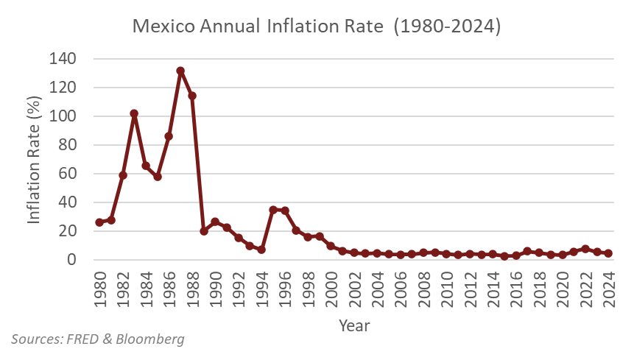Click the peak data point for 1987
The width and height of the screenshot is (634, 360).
[180, 71]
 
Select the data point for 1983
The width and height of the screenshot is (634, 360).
[134, 114]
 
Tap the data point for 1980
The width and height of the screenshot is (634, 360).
[99, 222]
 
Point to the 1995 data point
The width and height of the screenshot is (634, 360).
[273, 210]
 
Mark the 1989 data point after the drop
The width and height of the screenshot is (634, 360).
[203, 231]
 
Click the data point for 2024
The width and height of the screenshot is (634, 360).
[608, 253]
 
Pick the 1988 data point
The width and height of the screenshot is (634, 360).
[192, 96]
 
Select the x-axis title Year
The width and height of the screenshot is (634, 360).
[354, 325]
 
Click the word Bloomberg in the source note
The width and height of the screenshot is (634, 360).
[152, 339]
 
